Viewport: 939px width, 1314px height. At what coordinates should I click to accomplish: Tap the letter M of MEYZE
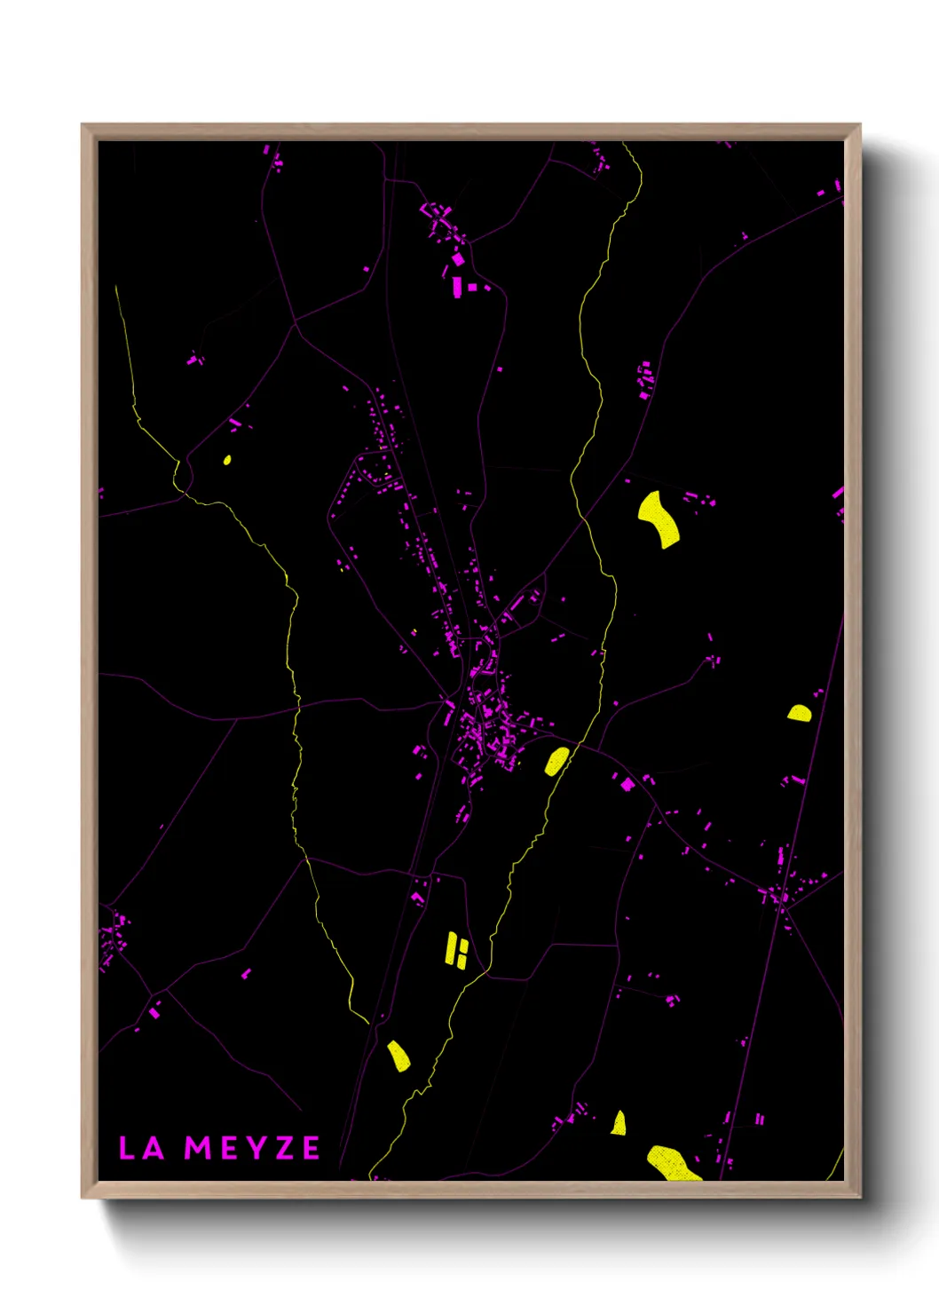(x=197, y=1148)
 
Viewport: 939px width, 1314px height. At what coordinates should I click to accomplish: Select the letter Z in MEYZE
(x=283, y=1148)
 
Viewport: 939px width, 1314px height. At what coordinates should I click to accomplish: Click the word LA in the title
(x=141, y=1148)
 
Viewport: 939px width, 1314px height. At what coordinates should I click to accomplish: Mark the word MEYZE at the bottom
(x=252, y=1148)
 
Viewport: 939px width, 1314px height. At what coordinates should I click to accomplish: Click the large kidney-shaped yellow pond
(x=659, y=518)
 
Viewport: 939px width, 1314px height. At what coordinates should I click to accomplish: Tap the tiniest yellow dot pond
(x=227, y=460)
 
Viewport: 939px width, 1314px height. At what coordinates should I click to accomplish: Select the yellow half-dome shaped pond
(x=799, y=713)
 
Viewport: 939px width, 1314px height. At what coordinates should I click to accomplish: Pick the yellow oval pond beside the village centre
(x=556, y=762)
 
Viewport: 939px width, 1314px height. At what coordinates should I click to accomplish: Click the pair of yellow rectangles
(x=456, y=950)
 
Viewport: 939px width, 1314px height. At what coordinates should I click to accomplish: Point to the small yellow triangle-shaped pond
(x=619, y=1124)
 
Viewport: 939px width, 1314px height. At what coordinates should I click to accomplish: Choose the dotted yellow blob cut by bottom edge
(x=672, y=1163)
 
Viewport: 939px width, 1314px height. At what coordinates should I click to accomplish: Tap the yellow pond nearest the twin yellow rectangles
(x=398, y=1056)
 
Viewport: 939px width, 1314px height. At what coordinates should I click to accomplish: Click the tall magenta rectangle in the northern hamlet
(x=457, y=287)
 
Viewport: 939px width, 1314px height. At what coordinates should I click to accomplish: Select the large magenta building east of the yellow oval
(x=627, y=784)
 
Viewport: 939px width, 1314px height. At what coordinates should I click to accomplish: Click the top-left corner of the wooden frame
(x=83, y=125)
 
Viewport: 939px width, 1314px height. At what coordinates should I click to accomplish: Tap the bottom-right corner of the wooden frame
(x=860, y=1198)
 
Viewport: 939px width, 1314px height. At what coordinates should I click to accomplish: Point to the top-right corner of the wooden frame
(x=860, y=125)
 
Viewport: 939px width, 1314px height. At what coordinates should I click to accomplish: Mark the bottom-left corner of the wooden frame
(x=83, y=1198)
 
